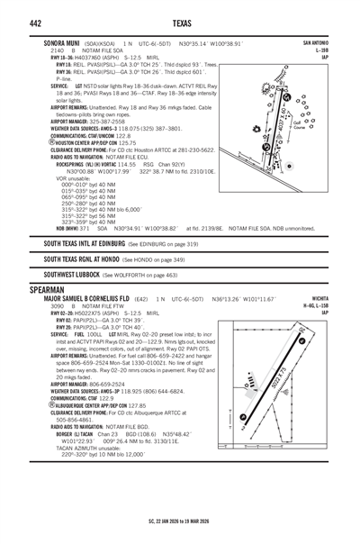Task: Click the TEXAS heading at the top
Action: (179, 22)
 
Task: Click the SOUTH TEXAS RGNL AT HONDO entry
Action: (82, 259)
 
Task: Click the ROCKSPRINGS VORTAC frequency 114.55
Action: (127, 165)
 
